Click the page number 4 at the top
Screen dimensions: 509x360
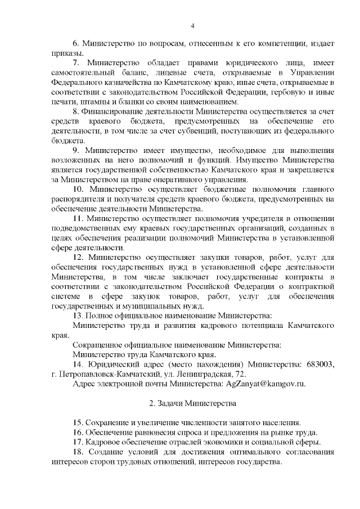[x=192, y=25]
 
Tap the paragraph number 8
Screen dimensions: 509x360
[x=76, y=111]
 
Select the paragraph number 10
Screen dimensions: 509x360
[x=79, y=189]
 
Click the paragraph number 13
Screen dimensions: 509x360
[x=78, y=316]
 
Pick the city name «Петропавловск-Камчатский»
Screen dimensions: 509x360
[x=108, y=374]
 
